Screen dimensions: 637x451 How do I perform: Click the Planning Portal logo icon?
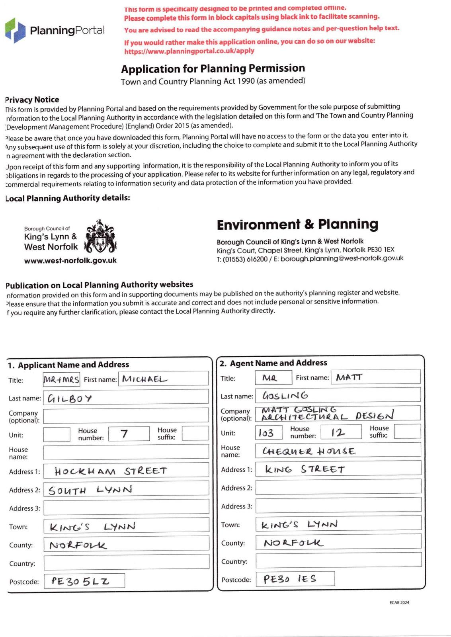click(15, 30)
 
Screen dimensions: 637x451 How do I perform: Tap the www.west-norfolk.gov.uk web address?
click(70, 261)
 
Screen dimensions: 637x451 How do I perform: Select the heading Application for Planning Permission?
click(213, 68)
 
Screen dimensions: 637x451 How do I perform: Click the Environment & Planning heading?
click(297, 225)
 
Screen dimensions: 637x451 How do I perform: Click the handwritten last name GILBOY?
click(70, 398)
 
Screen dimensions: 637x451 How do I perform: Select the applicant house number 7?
click(124, 433)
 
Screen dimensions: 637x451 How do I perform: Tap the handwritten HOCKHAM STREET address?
click(111, 471)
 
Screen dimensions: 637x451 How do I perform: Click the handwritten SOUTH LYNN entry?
click(90, 490)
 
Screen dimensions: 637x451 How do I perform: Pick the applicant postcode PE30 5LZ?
click(80, 581)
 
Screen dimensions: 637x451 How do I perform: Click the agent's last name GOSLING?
click(285, 395)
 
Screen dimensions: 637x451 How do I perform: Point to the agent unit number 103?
click(266, 432)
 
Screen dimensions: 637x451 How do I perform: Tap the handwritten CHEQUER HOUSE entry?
click(308, 451)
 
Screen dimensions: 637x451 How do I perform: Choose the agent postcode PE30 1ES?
click(290, 579)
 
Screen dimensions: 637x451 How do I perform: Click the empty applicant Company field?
click(126, 415)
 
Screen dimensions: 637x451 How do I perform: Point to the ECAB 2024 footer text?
click(399, 602)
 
